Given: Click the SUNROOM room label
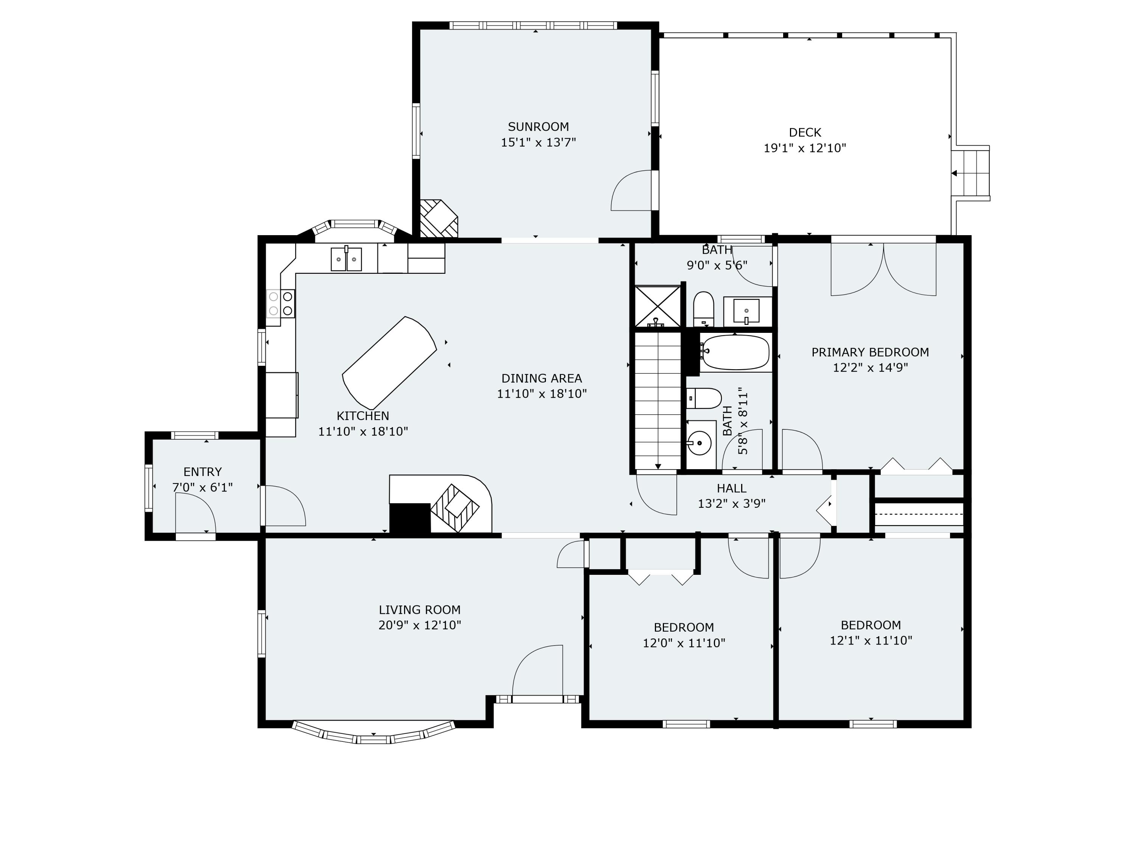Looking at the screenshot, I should tap(538, 126).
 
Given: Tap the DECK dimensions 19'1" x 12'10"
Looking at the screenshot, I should tap(805, 148).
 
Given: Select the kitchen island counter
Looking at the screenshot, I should tap(389, 363).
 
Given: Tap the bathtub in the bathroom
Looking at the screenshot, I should tap(735, 352).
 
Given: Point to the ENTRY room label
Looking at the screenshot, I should tap(203, 471).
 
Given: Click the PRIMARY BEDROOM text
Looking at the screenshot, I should tap(870, 352).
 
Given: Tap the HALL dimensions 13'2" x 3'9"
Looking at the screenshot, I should tap(731, 504).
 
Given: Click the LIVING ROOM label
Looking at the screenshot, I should tap(420, 610).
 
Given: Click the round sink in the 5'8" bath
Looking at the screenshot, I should tap(699, 443).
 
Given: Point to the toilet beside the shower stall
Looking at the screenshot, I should tap(703, 309).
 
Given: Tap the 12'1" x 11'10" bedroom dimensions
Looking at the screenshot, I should tap(871, 640).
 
